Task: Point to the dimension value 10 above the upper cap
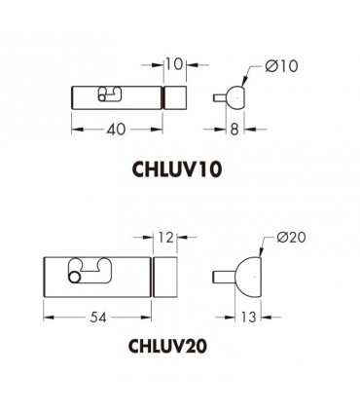click(172, 65)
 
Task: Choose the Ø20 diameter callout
click(291, 236)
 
